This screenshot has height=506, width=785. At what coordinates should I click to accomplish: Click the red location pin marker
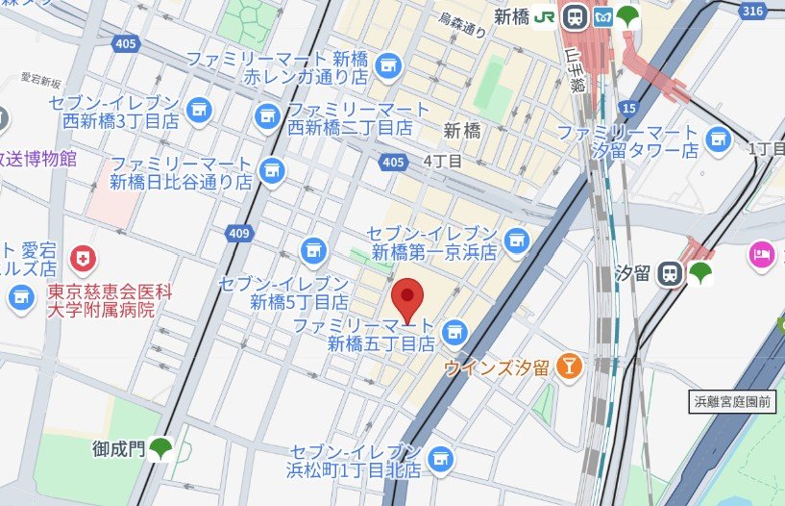point(409,299)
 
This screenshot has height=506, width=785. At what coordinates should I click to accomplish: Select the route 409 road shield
point(238,232)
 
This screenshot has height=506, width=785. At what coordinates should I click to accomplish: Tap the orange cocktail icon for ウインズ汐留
point(571,366)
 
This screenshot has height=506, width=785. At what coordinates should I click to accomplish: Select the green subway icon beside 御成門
point(159,447)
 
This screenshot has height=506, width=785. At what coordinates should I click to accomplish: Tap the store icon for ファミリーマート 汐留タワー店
point(717,140)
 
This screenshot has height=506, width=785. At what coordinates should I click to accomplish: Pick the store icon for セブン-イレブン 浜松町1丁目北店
point(441,459)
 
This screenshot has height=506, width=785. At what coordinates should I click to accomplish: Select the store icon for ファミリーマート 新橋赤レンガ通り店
point(387,65)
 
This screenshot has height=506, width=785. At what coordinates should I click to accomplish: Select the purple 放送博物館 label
point(38,159)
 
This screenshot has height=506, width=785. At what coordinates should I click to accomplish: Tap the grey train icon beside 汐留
point(670,274)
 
